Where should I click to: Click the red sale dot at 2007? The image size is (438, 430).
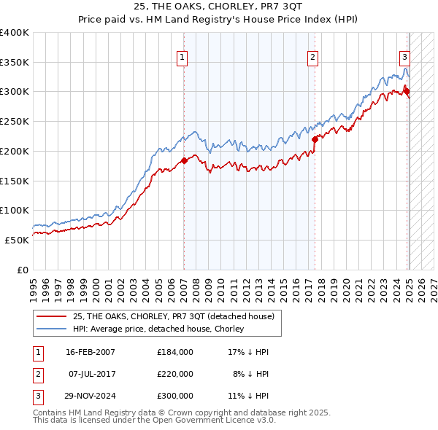coord(184,160)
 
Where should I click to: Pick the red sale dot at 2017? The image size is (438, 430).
coord(315,138)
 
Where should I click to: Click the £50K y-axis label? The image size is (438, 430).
coord(17,239)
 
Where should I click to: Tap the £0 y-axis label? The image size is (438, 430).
coord(24,269)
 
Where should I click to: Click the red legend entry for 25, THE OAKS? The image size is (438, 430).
coord(174,316)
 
